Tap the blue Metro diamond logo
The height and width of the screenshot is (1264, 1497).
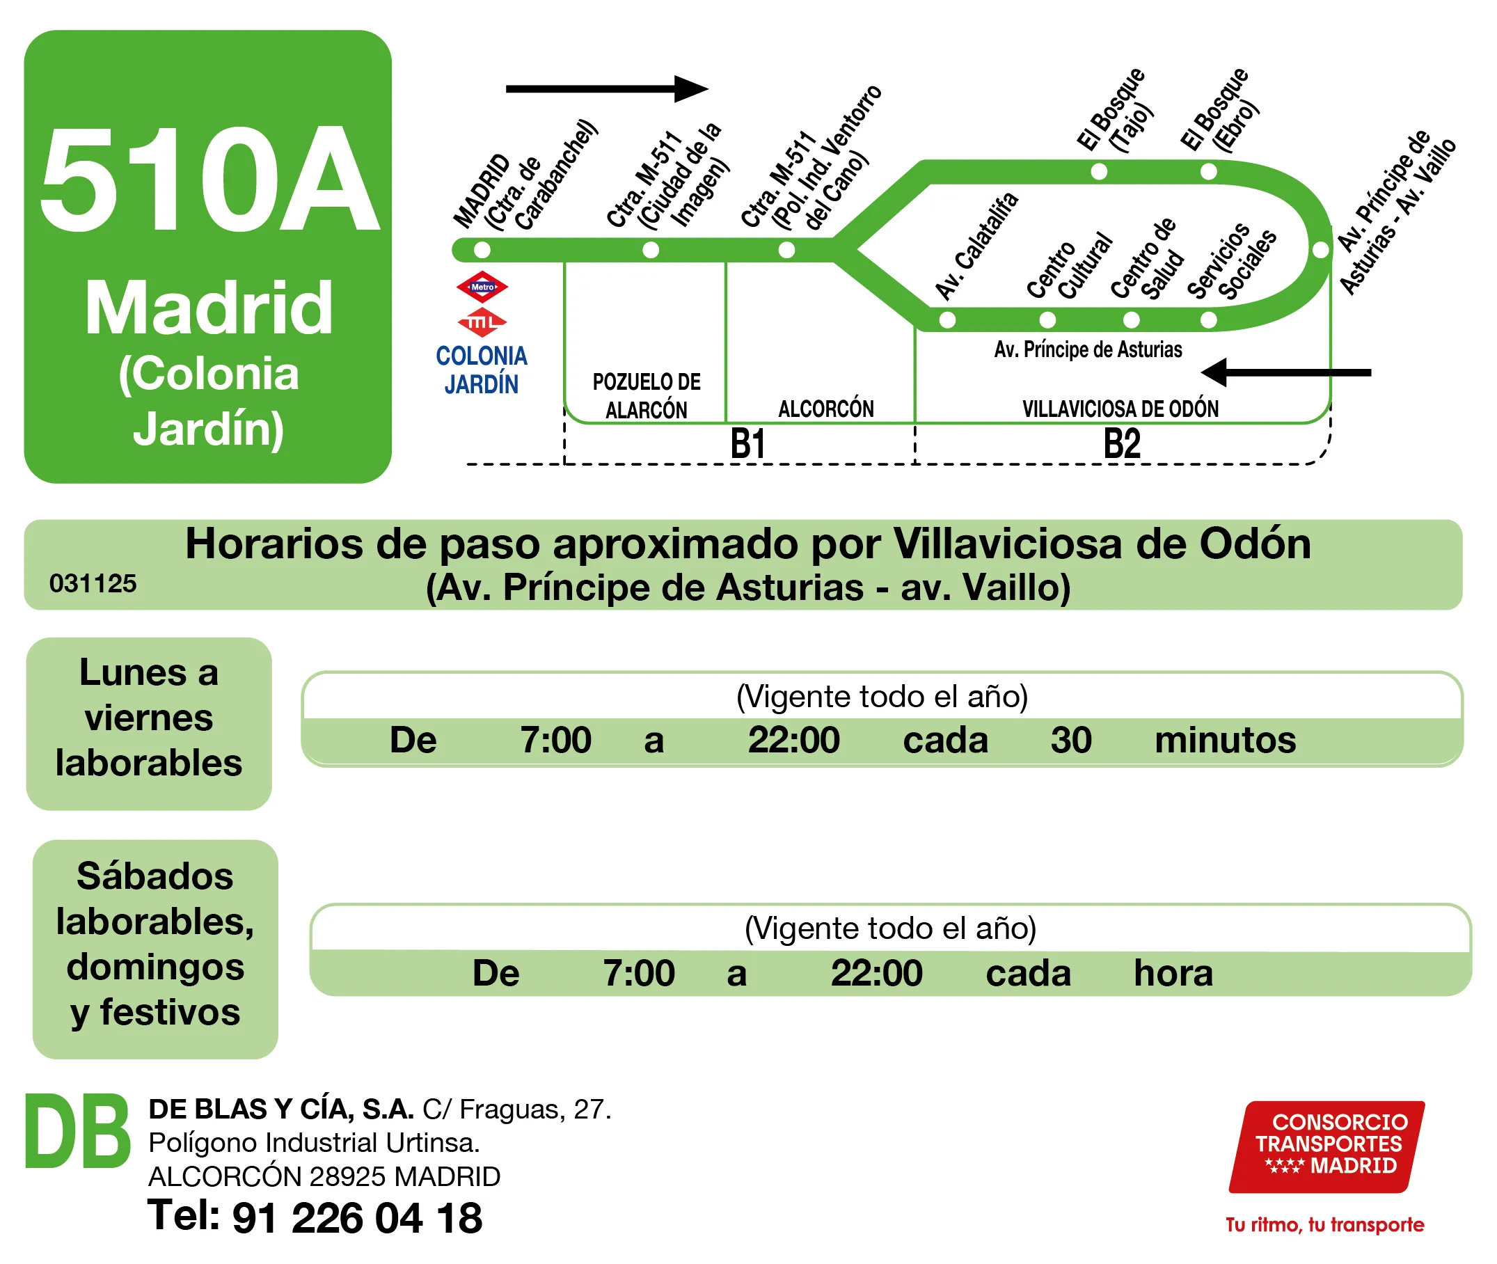pyautogui.click(x=482, y=287)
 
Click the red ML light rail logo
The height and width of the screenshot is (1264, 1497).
pyautogui.click(x=482, y=322)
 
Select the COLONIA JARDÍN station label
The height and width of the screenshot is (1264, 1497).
pyautogui.click(x=482, y=370)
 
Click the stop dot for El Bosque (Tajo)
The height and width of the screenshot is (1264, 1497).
pyautogui.click(x=1098, y=171)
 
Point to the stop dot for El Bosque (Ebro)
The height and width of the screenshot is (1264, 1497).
pyautogui.click(x=1208, y=171)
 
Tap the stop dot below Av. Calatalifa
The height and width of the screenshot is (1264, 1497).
pyautogui.click(x=946, y=319)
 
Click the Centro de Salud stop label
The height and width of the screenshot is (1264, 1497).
pyautogui.click(x=1146, y=260)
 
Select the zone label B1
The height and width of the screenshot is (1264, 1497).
pyautogui.click(x=747, y=443)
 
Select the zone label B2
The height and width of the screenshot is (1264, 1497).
pyautogui.click(x=1121, y=443)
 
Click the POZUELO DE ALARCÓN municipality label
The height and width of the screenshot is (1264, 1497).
pyautogui.click(x=647, y=395)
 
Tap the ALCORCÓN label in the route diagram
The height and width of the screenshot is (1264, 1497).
pyautogui.click(x=825, y=409)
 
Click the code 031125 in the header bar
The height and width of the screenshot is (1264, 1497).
pyautogui.click(x=93, y=583)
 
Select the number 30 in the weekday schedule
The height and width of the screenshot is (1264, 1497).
pyautogui.click(x=1070, y=739)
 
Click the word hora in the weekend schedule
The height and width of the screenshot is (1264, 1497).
pyautogui.click(x=1173, y=972)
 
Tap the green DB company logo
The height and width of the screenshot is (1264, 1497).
pyautogui.click(x=77, y=1132)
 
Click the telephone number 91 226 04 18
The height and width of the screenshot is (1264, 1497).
pyautogui.click(x=357, y=1217)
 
